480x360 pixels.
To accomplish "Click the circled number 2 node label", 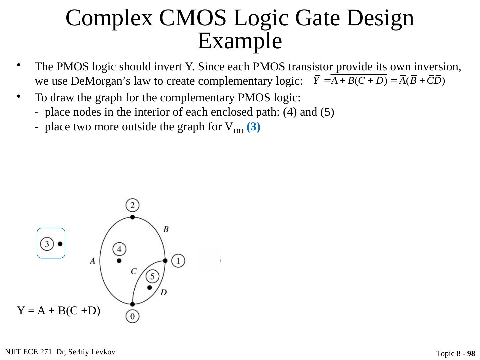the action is click(132, 205).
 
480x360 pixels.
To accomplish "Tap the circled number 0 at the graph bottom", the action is click(132, 316).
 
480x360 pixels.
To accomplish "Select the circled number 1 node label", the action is click(179, 260).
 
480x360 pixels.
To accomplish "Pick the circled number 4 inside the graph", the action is click(119, 249).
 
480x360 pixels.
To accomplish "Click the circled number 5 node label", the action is click(152, 276).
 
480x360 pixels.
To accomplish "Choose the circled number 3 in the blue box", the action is click(47, 244).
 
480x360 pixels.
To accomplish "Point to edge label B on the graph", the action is click(166, 229).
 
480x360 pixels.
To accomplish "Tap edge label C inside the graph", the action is click(134, 271).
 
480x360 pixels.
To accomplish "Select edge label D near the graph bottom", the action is click(163, 292).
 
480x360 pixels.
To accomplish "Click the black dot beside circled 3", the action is click(60, 244).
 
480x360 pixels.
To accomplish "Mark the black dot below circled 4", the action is click(119, 260).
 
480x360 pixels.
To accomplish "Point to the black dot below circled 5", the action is click(149, 287).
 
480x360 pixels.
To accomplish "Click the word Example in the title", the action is click(240, 41).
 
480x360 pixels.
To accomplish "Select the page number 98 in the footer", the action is click(471, 353).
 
